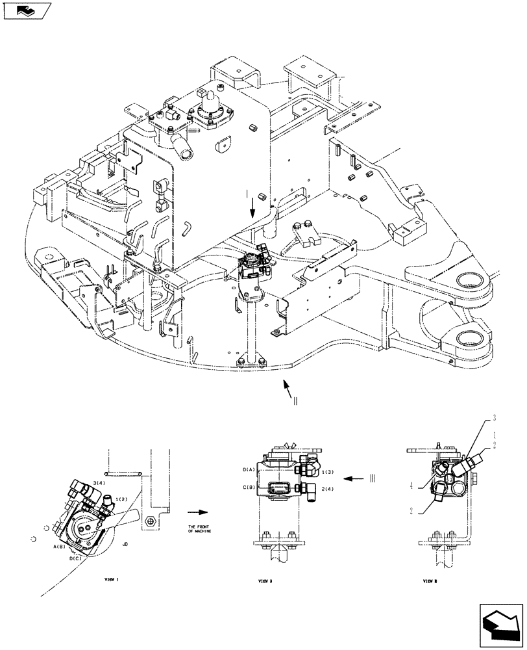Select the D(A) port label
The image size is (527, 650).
coord(249,469)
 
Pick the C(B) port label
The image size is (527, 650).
coord(249,487)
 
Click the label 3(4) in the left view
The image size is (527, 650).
coord(99,483)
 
